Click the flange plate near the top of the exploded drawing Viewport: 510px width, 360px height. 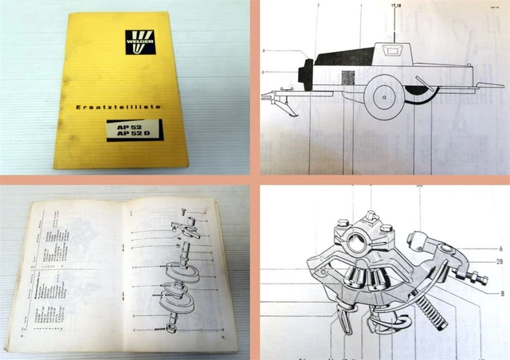(x=184, y=228)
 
